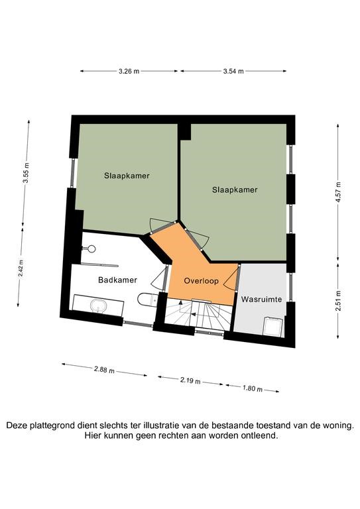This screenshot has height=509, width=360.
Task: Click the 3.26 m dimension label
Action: tap(129, 72)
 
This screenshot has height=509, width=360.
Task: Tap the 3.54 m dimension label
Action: tap(233, 72)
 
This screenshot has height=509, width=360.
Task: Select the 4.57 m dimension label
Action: tap(338, 192)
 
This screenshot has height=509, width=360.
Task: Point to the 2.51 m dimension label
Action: tap(338, 301)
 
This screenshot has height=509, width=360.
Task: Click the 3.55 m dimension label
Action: tap(26, 173)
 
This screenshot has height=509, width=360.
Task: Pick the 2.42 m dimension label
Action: tap(21, 268)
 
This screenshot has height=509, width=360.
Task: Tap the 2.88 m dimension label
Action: tap(104, 369)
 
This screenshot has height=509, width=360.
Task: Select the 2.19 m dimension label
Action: tap(190, 380)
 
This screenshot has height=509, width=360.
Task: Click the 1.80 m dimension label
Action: tap(252, 388)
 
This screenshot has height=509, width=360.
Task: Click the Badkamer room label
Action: tap(117, 280)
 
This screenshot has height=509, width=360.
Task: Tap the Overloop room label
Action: tap(202, 281)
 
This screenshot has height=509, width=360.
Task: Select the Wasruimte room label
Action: tap(261, 299)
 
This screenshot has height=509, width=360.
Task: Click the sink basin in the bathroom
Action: tap(98, 306)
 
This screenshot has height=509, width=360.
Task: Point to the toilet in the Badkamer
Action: tap(148, 300)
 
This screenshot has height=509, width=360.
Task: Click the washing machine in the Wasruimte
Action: tap(272, 327)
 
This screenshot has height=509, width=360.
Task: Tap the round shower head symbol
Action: tap(91, 249)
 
